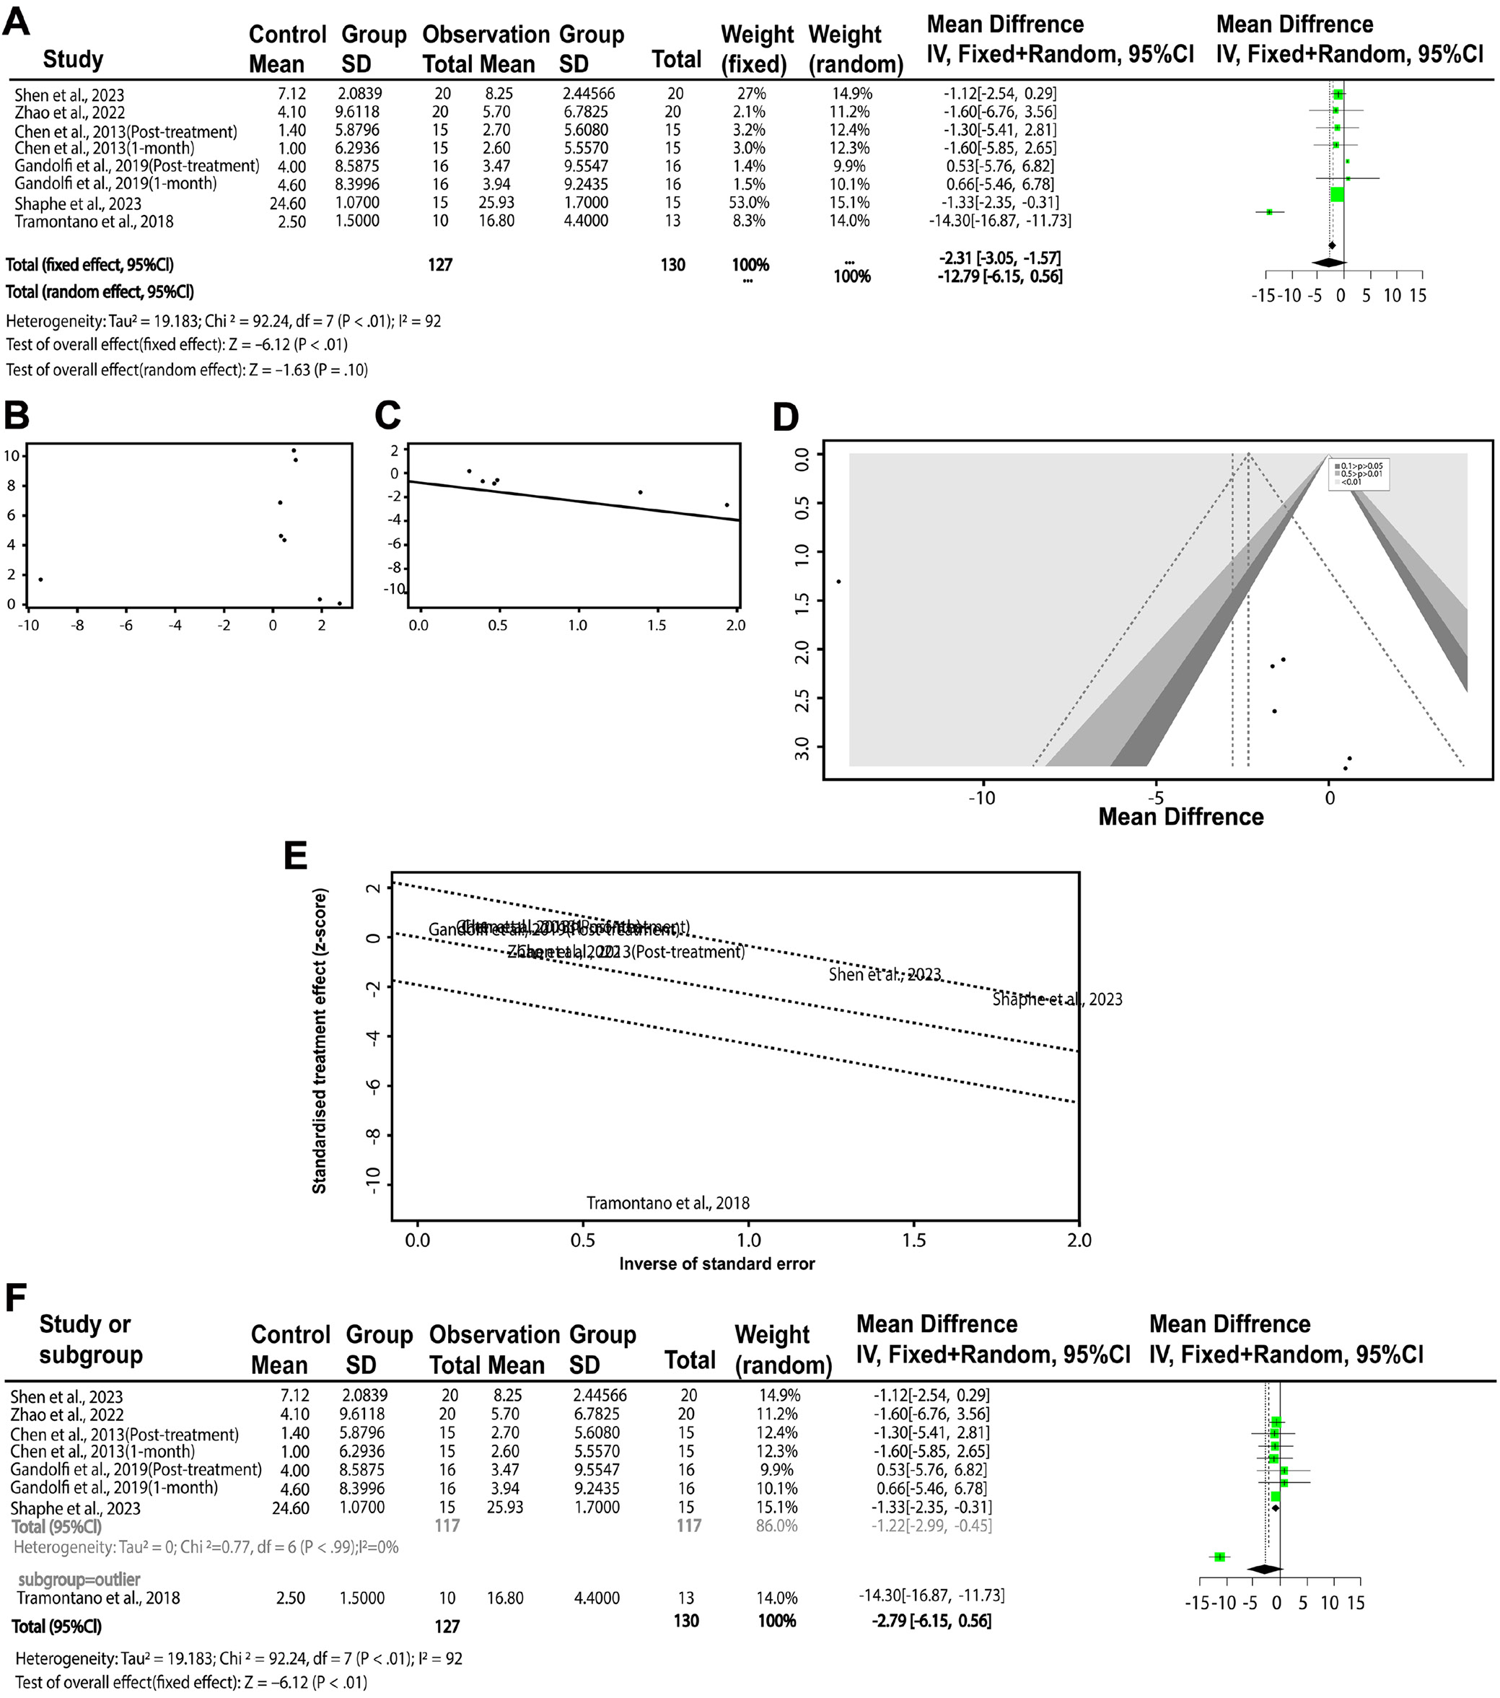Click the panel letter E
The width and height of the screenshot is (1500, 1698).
pos(297,857)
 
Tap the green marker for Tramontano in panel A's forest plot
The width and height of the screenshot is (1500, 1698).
pos(1269,213)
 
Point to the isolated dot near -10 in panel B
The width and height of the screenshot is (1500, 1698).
pos(40,579)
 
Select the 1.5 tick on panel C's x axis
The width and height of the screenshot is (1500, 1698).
pos(656,626)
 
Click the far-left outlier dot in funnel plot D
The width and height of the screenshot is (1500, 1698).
pos(838,582)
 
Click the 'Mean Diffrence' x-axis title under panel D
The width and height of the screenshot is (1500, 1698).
pos(1180,817)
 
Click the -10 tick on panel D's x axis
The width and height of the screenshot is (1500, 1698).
pos(983,798)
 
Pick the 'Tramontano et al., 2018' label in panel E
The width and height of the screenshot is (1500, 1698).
pos(668,1203)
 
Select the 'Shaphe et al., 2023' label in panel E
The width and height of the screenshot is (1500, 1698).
pos(1057,999)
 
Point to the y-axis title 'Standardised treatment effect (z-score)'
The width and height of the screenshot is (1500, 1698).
pos(320,1041)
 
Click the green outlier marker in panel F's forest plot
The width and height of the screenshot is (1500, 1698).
pos(1219,1556)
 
